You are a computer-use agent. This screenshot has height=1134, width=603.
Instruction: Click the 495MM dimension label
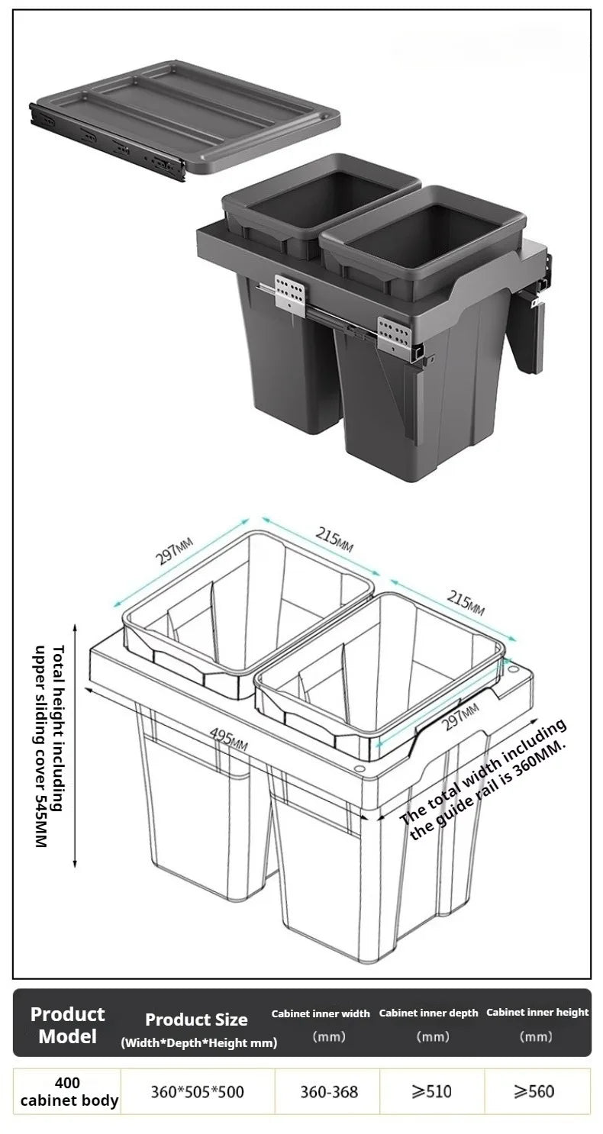coord(229,739)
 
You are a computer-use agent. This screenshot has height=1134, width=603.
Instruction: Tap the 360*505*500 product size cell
coord(197,1092)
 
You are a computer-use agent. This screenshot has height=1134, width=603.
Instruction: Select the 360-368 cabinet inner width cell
coord(329,1092)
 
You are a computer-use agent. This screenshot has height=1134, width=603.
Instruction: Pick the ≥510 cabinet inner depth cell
coord(432,1091)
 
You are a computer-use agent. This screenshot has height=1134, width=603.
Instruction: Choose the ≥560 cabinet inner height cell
coord(534,1091)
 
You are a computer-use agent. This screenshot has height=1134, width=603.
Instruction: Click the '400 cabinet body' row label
coord(69,1092)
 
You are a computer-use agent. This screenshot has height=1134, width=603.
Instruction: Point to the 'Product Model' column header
coord(67,1025)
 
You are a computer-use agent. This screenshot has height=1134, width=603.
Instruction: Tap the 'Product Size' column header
coord(196,1020)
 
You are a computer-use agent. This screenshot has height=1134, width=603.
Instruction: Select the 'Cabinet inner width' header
coord(321,1014)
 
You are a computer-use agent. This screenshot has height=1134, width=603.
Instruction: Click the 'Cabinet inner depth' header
coord(429,1013)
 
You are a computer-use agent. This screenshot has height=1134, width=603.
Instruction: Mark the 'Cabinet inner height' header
coord(537,1013)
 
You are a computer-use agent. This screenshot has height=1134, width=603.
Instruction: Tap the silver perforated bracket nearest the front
coord(394,333)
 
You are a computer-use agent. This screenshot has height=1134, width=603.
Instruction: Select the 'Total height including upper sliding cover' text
coord(51,746)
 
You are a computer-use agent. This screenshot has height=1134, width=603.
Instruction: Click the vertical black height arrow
coord(76,746)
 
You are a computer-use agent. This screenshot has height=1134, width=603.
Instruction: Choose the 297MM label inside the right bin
coord(460,717)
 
